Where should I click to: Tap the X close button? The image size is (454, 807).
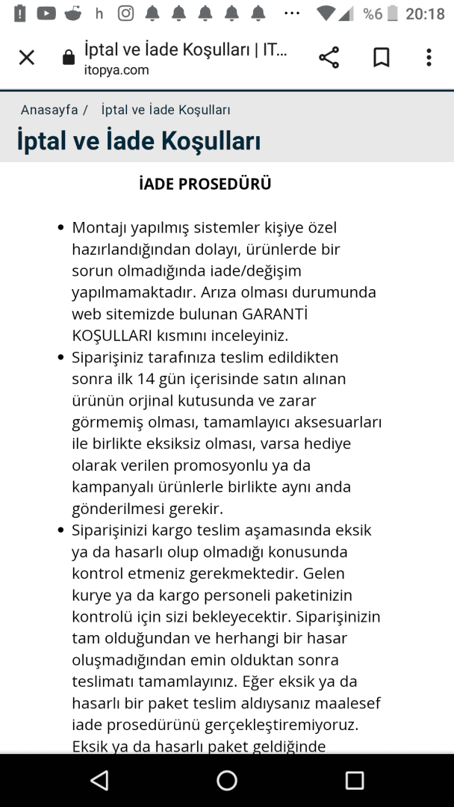(27, 58)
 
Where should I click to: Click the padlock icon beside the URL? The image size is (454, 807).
(69, 58)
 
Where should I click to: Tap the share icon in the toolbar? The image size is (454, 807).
(329, 58)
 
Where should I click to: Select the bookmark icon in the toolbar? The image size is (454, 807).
(381, 58)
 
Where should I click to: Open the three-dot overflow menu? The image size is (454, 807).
(429, 58)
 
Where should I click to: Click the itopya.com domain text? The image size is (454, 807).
(116, 70)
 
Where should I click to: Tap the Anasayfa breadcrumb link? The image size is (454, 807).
(49, 110)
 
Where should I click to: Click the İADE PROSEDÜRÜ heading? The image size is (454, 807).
(205, 184)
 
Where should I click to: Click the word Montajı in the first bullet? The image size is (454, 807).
(99, 227)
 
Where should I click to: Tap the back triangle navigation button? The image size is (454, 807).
(99, 781)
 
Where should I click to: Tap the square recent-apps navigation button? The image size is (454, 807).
(354, 781)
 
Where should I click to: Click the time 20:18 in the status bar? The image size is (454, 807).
(425, 14)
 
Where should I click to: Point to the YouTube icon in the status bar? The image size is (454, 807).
(46, 13)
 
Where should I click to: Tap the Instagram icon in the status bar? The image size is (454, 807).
(126, 13)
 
